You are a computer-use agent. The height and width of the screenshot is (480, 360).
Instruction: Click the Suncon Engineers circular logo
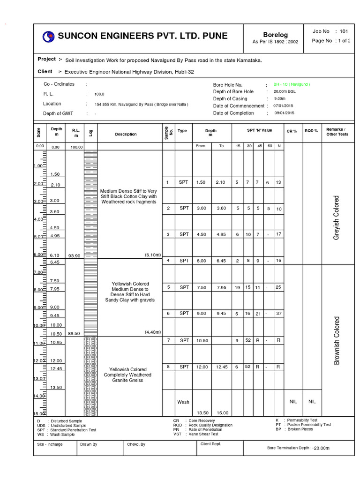(48, 37)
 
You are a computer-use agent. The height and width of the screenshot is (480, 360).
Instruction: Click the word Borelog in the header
(275, 35)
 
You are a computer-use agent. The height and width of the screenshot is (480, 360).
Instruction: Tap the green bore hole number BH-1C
(292, 84)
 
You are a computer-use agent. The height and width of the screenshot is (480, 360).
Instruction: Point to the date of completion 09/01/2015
(284, 113)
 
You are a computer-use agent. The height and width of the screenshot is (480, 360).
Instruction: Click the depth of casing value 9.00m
(280, 99)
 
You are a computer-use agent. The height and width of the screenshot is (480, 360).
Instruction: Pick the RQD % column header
(311, 131)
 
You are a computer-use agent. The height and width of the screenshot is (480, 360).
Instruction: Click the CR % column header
(292, 131)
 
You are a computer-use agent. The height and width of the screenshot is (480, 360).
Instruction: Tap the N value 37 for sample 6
(278, 314)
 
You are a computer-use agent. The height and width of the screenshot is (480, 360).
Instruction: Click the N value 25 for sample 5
(278, 287)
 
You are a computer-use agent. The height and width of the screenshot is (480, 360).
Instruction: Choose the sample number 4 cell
(167, 261)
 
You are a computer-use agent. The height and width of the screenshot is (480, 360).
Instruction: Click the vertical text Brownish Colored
(336, 340)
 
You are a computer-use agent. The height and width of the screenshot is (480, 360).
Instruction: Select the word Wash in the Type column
(183, 402)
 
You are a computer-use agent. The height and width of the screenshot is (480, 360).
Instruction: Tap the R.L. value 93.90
(75, 255)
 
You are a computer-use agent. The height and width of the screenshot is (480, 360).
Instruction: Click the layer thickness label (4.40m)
(153, 332)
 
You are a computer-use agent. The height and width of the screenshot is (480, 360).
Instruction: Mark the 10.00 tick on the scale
(37, 325)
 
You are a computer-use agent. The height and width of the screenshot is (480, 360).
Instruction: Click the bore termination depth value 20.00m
(322, 448)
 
